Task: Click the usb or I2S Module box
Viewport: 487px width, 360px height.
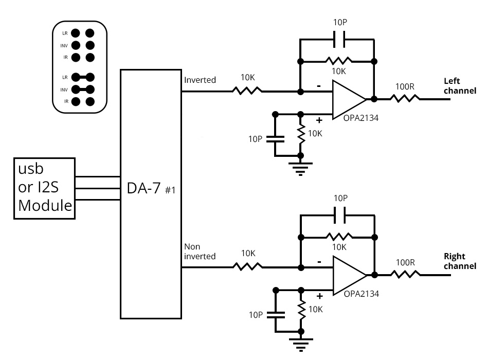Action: [x=45, y=188]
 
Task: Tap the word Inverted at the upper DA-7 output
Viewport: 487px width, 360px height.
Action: [x=200, y=80]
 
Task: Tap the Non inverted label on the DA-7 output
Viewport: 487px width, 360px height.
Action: [x=200, y=251]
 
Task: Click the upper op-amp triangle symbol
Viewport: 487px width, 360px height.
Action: [x=347, y=99]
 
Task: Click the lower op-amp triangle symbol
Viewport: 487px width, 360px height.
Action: [x=347, y=275]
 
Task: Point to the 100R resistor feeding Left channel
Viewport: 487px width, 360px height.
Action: [x=405, y=99]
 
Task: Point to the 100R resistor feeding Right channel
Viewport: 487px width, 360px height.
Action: [x=405, y=275]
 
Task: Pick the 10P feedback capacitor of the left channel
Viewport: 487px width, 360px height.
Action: [x=339, y=38]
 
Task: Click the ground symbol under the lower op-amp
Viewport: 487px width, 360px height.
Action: [x=301, y=344]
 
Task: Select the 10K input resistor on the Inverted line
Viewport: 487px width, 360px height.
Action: [x=247, y=91]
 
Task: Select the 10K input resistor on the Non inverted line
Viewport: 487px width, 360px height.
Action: [x=247, y=267]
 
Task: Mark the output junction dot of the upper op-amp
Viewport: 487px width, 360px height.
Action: [x=374, y=99]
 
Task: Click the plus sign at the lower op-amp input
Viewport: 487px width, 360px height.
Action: [x=319, y=296]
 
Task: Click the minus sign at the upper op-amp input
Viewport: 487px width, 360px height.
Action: [x=319, y=86]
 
